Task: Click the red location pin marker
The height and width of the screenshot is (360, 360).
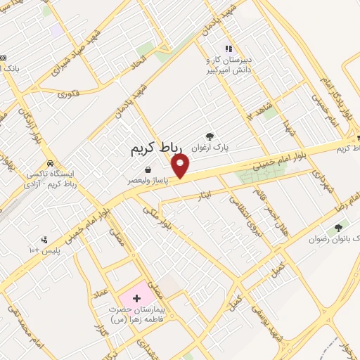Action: [181, 167]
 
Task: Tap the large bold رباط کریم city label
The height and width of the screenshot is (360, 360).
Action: [156, 149]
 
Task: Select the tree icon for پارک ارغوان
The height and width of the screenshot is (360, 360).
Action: [209, 136]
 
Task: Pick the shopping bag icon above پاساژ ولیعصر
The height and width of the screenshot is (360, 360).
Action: [149, 169]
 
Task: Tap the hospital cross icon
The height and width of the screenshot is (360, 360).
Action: [136, 298]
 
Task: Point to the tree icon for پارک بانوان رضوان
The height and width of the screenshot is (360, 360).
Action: [340, 227]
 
